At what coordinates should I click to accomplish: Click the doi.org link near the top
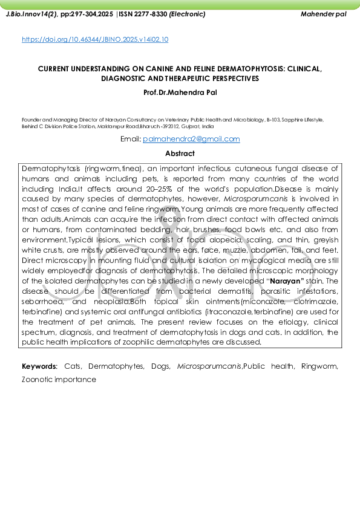point(95,39)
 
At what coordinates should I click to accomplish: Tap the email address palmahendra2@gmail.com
point(191,139)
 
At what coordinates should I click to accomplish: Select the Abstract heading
point(180,154)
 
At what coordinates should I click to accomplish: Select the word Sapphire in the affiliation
point(292,120)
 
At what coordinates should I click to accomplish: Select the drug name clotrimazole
point(310,302)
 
